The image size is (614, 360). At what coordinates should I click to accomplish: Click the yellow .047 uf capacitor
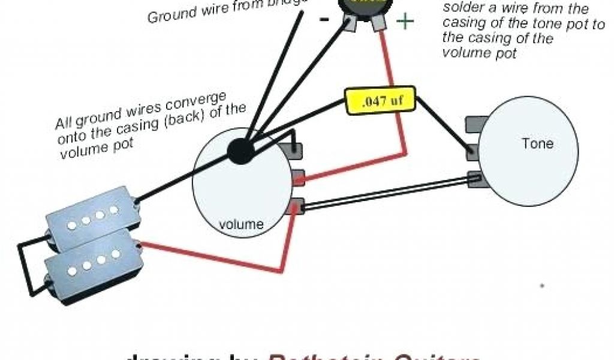tap(380, 101)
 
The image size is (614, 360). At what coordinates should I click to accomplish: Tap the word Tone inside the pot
tap(537, 144)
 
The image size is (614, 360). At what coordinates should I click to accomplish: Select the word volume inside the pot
tap(241, 225)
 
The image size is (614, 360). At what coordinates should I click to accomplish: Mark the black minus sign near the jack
tap(324, 18)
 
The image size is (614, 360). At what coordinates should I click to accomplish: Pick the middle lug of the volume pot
tap(298, 176)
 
